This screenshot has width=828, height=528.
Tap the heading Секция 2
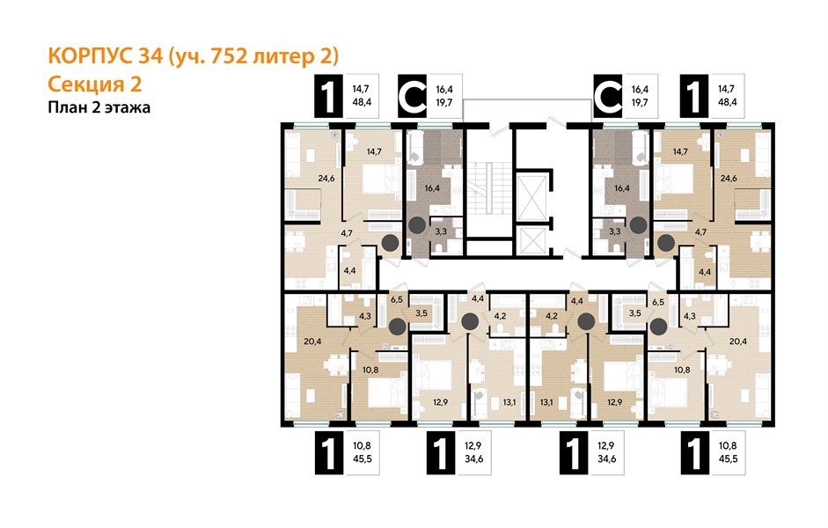click(x=92, y=84)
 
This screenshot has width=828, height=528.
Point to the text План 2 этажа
click(x=99, y=108)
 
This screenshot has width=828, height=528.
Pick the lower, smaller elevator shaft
click(x=533, y=241)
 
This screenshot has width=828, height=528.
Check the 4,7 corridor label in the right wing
click(x=701, y=232)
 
